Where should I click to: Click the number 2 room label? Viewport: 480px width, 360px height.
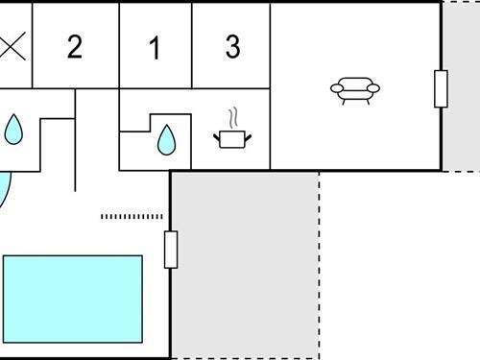pos(75,47)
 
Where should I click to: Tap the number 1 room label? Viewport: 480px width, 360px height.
pos(155,48)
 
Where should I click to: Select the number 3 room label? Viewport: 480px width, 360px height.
pos(232,47)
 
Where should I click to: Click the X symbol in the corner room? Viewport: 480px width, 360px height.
pos(12,46)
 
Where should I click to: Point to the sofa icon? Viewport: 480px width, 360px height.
pos(354,89)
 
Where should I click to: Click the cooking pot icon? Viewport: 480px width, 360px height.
pos(231,139)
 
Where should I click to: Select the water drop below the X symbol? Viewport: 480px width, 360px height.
pos(12,129)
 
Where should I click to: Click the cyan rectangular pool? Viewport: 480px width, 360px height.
pos(73,299)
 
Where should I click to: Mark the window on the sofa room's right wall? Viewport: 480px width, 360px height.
pos(441,89)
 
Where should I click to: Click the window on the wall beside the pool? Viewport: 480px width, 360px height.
pos(171,250)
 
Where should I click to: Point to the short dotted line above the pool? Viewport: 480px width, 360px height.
pos(132,217)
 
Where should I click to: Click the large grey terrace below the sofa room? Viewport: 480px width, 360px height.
pos(245,264)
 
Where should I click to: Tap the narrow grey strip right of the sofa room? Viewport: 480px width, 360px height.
pos(460,86)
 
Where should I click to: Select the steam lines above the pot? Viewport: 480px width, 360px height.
pos(232,120)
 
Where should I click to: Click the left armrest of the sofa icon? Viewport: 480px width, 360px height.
pos(335,89)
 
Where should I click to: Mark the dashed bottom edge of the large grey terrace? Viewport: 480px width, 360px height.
pos(245,357)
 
